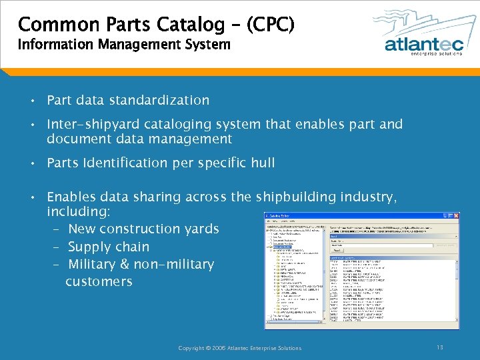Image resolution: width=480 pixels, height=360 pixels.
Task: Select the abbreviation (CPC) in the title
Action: point(270,25)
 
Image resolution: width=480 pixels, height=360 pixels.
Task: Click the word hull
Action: point(261,163)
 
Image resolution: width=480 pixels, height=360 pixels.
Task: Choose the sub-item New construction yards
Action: point(143,229)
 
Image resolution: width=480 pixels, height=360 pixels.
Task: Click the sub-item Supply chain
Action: point(109,247)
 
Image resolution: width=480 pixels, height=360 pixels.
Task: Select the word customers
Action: point(99,281)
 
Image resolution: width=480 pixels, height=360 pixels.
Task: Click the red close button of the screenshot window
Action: point(455,216)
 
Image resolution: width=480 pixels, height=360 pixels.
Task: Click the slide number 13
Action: point(440,347)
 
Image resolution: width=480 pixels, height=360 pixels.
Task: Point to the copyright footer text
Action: point(240,348)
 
